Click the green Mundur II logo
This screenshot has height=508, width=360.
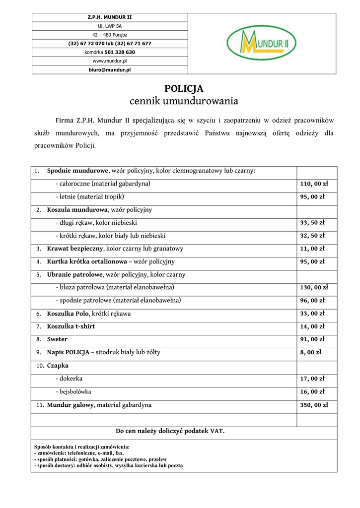(x=262, y=43)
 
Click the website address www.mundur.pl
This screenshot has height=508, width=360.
(x=110, y=61)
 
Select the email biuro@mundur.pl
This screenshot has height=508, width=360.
(x=110, y=70)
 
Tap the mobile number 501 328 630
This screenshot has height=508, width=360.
(x=120, y=52)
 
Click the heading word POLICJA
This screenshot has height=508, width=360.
(x=184, y=89)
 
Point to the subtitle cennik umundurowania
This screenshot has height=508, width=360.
(x=184, y=101)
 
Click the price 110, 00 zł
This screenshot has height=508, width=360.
(x=314, y=184)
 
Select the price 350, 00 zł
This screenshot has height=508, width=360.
(x=314, y=405)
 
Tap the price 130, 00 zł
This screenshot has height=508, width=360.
(x=314, y=288)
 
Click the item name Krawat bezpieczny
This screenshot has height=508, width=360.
(x=75, y=249)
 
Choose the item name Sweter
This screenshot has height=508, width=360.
(x=57, y=340)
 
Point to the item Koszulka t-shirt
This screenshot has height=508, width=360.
(x=71, y=327)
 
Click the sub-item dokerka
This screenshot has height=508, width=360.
(x=71, y=379)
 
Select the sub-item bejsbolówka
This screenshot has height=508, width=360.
(x=74, y=392)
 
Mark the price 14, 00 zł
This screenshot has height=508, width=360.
(x=312, y=327)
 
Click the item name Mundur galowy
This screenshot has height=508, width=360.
(x=71, y=405)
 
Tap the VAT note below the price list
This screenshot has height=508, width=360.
(x=170, y=431)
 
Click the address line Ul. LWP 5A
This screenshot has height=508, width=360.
(x=110, y=26)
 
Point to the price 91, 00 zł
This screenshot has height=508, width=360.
(x=312, y=340)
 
